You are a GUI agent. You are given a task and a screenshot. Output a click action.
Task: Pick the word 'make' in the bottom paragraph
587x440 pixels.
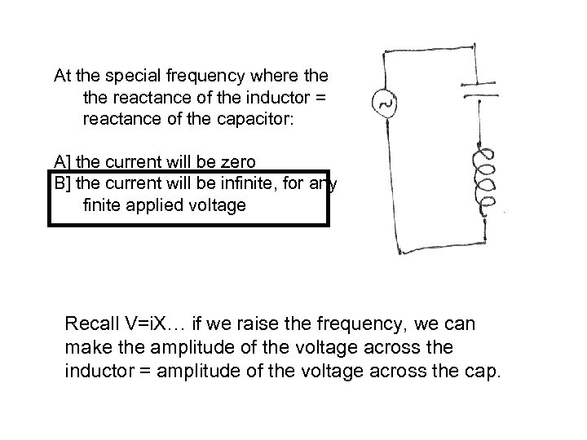tap(83, 348)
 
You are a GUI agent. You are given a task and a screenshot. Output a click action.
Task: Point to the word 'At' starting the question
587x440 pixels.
tap(63, 77)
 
